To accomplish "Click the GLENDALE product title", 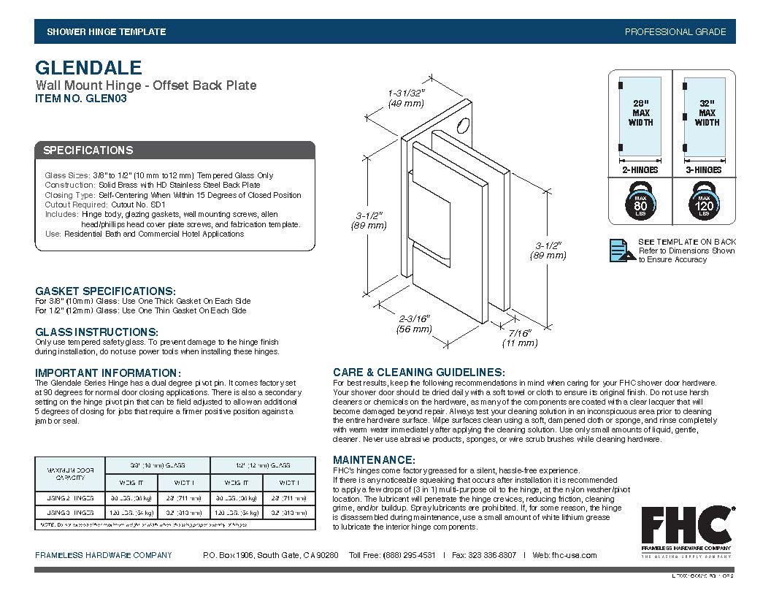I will pyautogui.click(x=88, y=68).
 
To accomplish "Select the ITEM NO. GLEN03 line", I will pyautogui.click(x=81, y=99).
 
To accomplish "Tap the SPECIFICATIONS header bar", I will pyautogui.click(x=175, y=150).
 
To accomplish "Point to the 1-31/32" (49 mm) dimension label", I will pyautogui.click(x=406, y=99).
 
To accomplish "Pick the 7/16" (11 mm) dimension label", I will pyautogui.click(x=519, y=337).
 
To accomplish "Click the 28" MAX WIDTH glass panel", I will pyautogui.click(x=641, y=117).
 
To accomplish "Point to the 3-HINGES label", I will pyautogui.click(x=704, y=170).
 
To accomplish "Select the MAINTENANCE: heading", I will pyautogui.click(x=374, y=460).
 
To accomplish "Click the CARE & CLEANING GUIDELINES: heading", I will pyautogui.click(x=418, y=372).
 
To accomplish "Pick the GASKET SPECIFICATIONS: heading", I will pyautogui.click(x=105, y=291).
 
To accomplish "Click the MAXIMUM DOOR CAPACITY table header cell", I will pyautogui.click(x=71, y=473).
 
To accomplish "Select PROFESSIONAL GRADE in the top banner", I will pyautogui.click(x=675, y=32).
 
